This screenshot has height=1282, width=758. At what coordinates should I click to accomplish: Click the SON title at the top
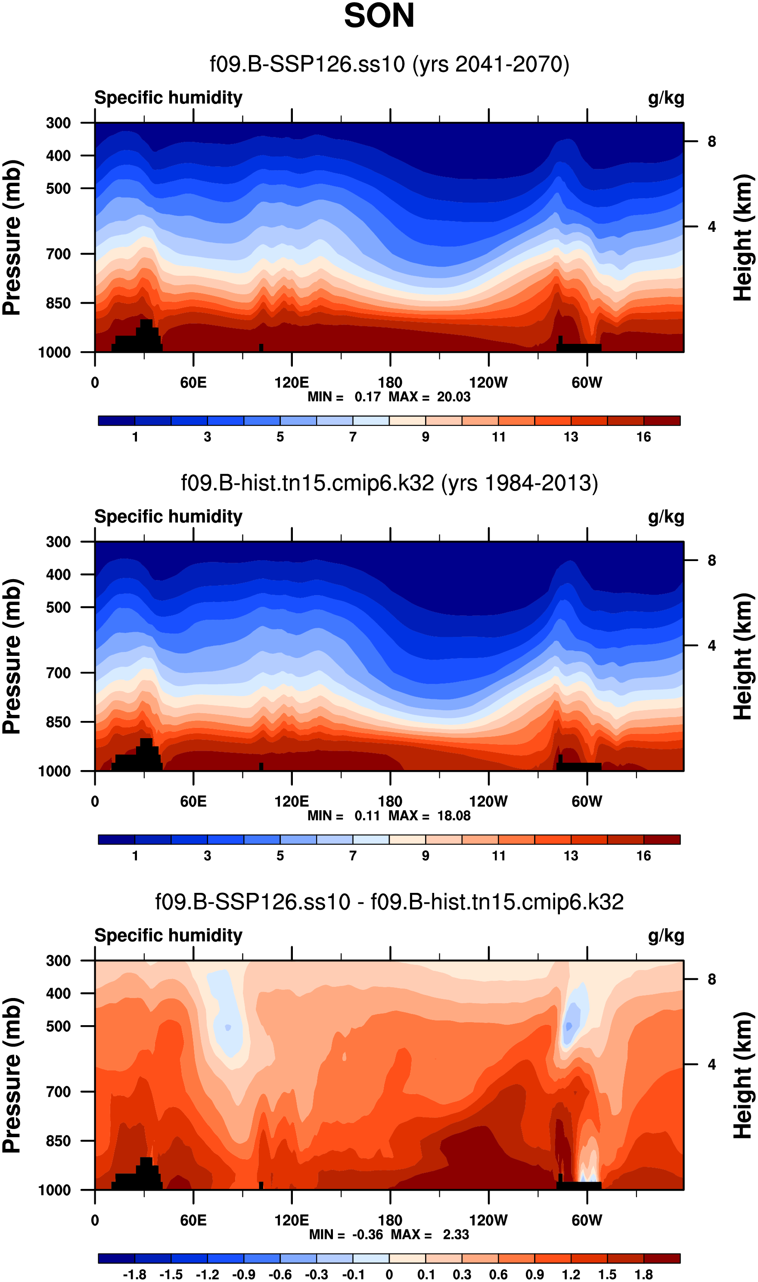click(x=379, y=16)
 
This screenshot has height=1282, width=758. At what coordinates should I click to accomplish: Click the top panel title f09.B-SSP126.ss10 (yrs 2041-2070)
click(x=389, y=64)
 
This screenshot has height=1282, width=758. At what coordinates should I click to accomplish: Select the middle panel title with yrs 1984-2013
click(x=389, y=483)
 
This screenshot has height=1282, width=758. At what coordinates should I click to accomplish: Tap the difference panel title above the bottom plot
click(x=389, y=902)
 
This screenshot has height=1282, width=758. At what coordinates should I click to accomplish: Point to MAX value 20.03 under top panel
click(x=454, y=397)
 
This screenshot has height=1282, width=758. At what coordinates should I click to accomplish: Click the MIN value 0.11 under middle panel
click(x=367, y=816)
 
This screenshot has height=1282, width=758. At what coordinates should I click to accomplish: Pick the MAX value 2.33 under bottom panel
click(x=456, y=1235)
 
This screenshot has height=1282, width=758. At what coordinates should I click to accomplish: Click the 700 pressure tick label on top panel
click(x=58, y=254)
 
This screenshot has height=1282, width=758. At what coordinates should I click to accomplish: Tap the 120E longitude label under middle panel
click(x=291, y=801)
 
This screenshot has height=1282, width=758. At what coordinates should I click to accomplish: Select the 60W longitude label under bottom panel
click(x=587, y=1220)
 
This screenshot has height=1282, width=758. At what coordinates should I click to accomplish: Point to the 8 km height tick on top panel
click(x=711, y=141)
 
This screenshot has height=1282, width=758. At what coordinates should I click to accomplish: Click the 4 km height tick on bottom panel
click(x=711, y=1064)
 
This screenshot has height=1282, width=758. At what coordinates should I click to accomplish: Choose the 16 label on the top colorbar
click(x=643, y=437)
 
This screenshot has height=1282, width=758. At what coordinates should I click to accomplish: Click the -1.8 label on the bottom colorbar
click(x=134, y=1274)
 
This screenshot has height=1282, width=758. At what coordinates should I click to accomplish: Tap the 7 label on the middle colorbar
click(x=352, y=856)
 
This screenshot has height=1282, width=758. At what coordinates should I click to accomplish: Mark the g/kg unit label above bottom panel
click(x=665, y=936)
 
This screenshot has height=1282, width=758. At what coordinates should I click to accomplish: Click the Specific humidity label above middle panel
click(x=168, y=517)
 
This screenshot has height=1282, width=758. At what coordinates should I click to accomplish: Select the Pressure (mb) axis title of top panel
click(x=12, y=237)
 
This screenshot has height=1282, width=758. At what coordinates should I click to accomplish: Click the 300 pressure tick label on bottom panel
click(x=58, y=961)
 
